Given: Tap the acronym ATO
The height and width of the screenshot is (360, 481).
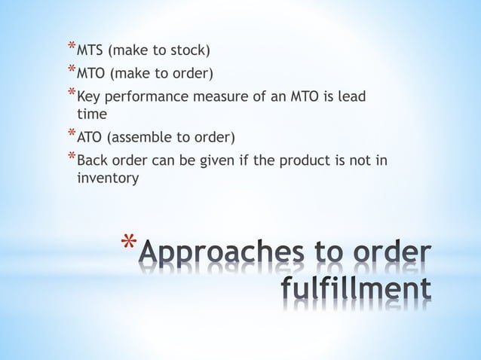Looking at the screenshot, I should [x=91, y=138].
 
